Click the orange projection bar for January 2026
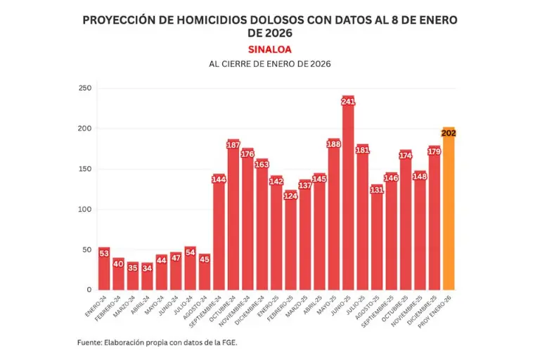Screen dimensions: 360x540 tap(448, 211)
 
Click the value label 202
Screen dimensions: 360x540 tap(449, 133)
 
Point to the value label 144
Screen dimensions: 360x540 tap(219, 179)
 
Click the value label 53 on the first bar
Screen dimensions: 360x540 tap(104, 253)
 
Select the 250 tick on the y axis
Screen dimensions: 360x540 tap(85, 89)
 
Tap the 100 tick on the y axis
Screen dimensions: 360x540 tap(85, 210)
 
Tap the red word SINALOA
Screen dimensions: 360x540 tap(269, 49)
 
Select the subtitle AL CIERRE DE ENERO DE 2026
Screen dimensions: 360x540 tap(269, 64)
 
